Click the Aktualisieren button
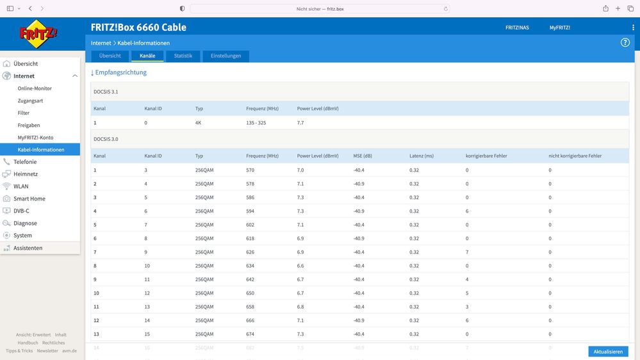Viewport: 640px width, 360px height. (x=608, y=352)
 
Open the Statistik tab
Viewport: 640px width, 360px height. (x=183, y=56)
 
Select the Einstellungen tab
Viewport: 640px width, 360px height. (x=226, y=56)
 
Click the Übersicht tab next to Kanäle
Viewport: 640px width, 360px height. (x=110, y=56)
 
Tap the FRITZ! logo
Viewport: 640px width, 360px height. (x=38, y=34)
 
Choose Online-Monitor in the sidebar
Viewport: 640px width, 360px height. (x=35, y=88)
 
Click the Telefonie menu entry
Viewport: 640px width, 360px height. (x=25, y=161)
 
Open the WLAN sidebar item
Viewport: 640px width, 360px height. (x=21, y=186)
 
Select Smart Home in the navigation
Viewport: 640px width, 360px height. (x=29, y=199)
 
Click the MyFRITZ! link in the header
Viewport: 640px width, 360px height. (x=559, y=28)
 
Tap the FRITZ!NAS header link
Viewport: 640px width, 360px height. (x=517, y=28)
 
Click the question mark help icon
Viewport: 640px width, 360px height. (x=625, y=42)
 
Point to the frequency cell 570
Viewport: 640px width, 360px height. (x=250, y=170)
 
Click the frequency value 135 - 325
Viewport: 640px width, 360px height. (x=256, y=123)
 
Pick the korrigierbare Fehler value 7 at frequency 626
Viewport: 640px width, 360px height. (x=467, y=252)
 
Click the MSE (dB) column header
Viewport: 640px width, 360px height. (x=363, y=156)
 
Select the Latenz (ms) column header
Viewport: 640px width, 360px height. (x=422, y=156)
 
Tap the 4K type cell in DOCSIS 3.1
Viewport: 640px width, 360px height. (x=199, y=123)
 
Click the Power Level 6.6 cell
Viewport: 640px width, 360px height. (x=300, y=266)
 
